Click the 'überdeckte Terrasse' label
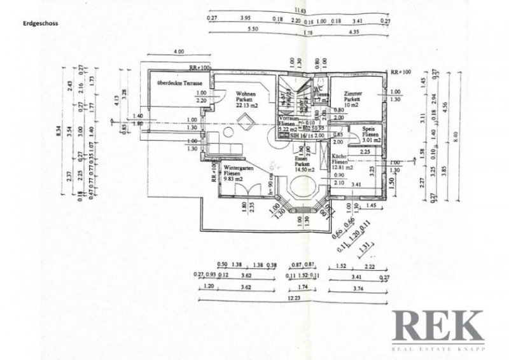point(180,84)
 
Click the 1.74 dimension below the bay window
point(302,287)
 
